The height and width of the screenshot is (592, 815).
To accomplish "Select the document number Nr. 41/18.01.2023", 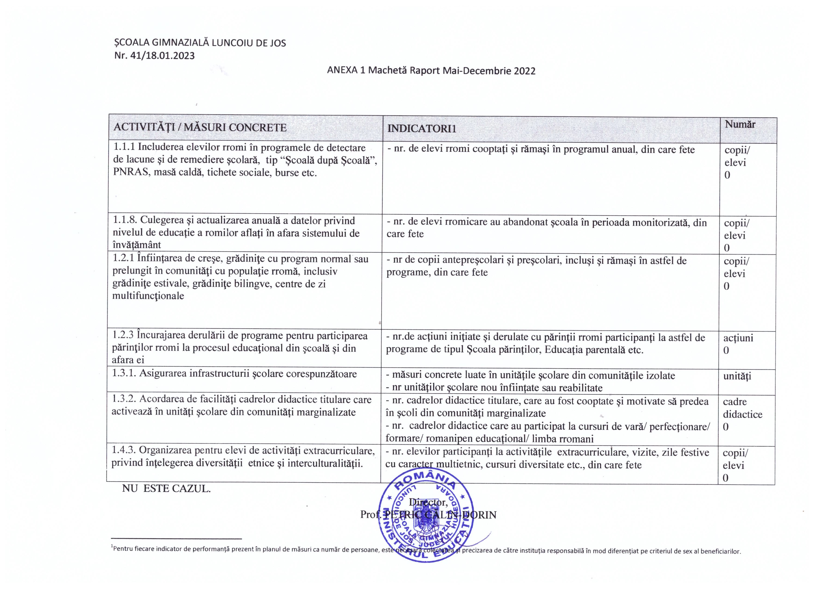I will click(154, 56).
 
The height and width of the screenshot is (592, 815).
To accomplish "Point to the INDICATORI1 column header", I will click(421, 129).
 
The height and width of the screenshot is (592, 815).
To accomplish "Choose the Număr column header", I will click(740, 125).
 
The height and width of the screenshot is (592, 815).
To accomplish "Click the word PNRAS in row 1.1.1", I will click(130, 173).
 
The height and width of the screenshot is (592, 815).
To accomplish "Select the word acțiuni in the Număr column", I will click(738, 338).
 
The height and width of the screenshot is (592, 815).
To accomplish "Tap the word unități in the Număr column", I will click(737, 376).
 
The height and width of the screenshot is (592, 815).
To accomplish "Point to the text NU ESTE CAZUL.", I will click(166, 489).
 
